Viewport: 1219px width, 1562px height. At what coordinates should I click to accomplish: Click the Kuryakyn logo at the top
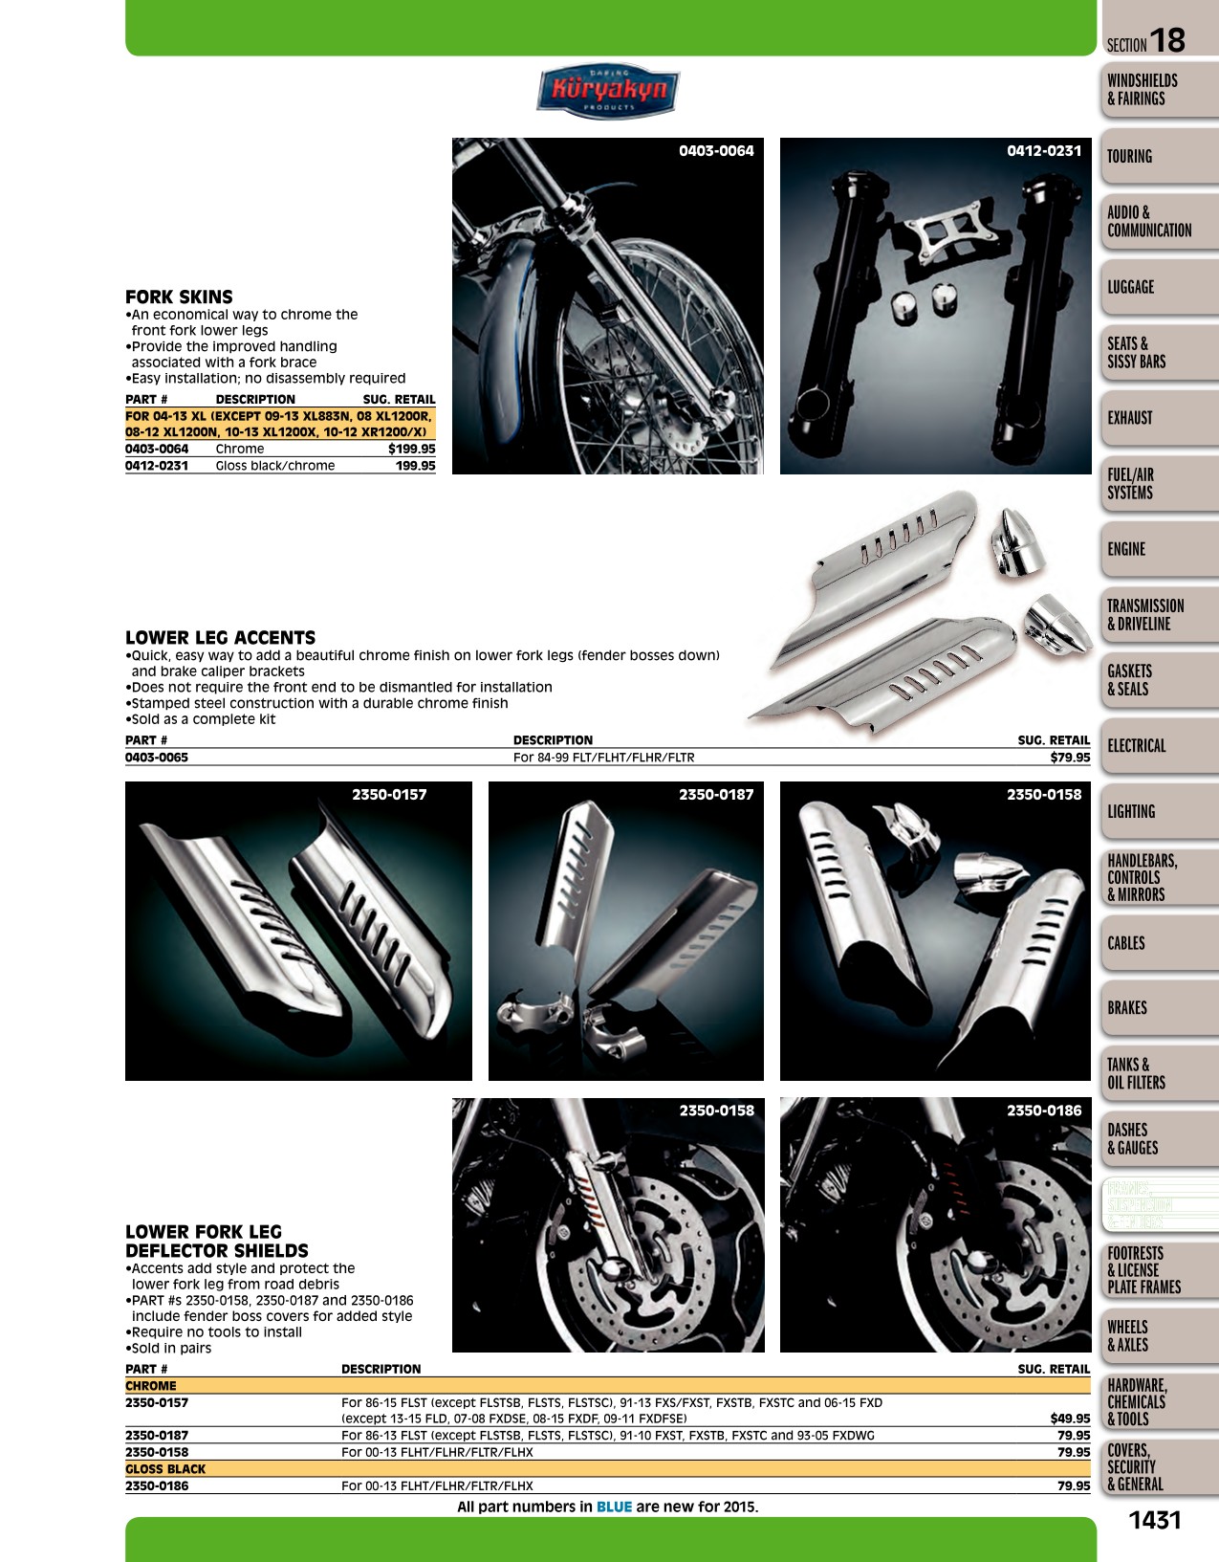608,91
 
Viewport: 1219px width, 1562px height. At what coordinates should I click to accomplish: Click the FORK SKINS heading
179,297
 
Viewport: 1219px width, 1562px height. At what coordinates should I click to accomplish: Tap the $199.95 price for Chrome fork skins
412,449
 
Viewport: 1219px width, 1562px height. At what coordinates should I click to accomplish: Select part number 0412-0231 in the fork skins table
157,466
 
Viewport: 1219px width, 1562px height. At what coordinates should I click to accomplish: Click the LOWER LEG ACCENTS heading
221,638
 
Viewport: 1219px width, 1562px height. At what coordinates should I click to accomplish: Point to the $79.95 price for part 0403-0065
1070,757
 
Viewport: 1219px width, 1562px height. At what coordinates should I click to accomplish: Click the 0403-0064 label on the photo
716,151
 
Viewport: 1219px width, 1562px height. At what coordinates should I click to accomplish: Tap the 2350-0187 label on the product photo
716,794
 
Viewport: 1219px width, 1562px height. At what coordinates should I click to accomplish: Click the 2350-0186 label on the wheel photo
1044,1111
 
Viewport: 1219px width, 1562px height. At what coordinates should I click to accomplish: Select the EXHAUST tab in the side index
1129,418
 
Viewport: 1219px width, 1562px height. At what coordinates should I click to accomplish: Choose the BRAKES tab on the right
1127,1008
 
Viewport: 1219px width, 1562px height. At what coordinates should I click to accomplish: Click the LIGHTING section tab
1131,811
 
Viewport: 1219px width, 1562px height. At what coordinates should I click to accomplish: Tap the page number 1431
1155,1520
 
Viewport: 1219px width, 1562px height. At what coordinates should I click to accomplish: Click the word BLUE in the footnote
614,1507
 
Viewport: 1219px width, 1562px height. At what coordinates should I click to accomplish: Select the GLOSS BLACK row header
165,1469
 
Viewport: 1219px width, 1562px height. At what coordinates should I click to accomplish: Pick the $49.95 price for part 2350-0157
1070,1419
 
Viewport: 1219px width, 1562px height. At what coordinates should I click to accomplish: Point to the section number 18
1166,40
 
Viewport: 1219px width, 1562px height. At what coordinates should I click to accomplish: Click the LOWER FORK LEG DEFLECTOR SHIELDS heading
217,1242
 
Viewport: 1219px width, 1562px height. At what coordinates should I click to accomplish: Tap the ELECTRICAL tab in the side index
1137,745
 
